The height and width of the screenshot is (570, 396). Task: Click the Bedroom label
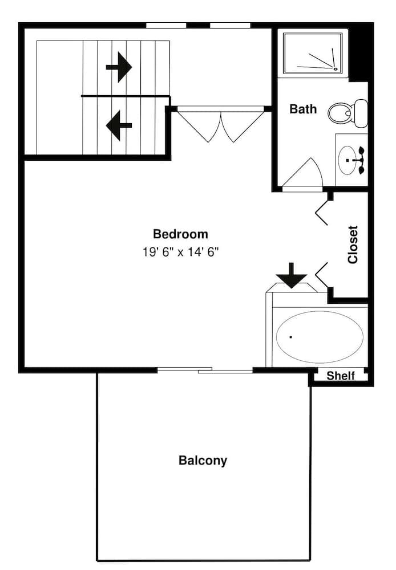pyautogui.click(x=180, y=234)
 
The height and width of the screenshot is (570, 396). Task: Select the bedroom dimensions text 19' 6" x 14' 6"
pyautogui.click(x=180, y=251)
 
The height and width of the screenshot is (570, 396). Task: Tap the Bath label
pyautogui.click(x=302, y=109)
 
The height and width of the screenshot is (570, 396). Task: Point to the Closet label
pyautogui.click(x=353, y=245)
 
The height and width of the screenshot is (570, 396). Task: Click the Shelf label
pyautogui.click(x=340, y=376)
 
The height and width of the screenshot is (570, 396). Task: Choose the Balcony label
pyautogui.click(x=203, y=461)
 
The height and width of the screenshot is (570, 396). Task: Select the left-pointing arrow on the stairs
pyautogui.click(x=119, y=125)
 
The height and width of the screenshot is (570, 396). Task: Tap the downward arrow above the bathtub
pyautogui.click(x=292, y=275)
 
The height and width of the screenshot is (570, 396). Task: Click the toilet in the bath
pyautogui.click(x=346, y=113)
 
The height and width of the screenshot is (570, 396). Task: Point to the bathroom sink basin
pyautogui.click(x=348, y=160)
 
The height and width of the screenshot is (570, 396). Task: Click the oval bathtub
pyautogui.click(x=320, y=336)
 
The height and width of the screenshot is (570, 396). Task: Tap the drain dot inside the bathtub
pyautogui.click(x=290, y=337)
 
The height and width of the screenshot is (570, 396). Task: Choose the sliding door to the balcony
pyautogui.click(x=205, y=370)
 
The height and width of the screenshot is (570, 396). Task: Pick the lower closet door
pyautogui.click(x=322, y=274)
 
